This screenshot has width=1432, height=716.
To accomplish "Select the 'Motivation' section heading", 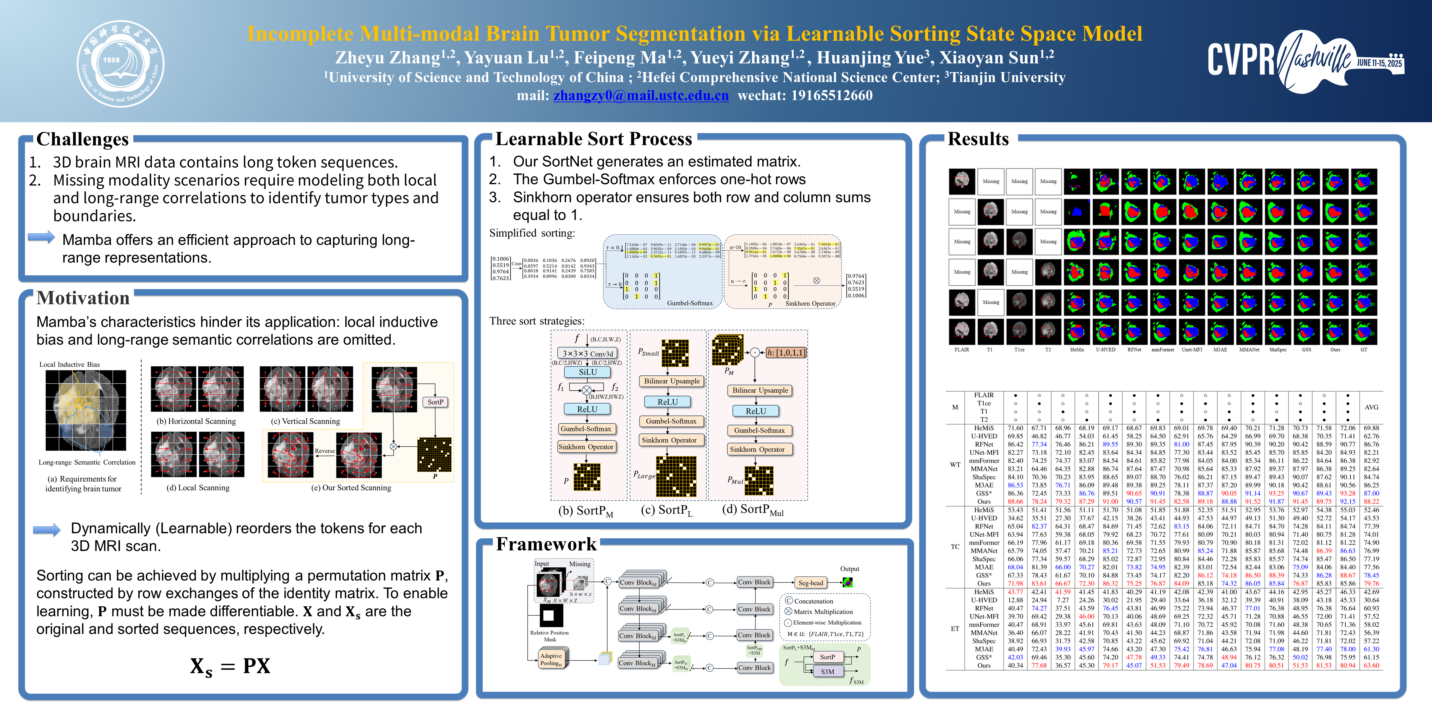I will (83, 298).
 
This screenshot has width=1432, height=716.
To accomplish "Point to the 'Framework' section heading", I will (546, 544).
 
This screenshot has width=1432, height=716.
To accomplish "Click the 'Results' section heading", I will (978, 139).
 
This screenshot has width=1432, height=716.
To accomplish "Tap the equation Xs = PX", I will (230, 666).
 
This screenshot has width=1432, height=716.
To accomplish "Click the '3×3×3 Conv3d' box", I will (588, 354).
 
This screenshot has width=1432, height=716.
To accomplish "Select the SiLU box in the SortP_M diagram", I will (588, 372).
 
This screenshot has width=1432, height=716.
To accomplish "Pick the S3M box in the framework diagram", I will (827, 672).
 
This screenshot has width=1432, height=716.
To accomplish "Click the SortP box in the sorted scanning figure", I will (435, 402).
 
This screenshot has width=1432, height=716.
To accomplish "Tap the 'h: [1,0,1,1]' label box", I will (786, 352).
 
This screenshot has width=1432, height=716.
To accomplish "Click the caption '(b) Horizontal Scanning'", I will (196, 421).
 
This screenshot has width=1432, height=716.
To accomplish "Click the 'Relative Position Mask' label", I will (549, 636).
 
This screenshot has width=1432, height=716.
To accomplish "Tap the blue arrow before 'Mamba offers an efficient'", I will (42, 237).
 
